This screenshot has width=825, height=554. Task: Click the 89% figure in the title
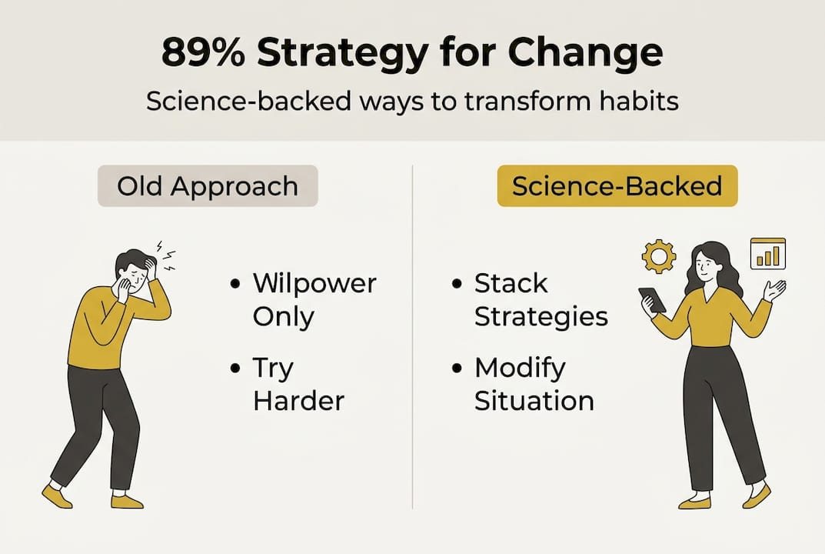tap(202, 52)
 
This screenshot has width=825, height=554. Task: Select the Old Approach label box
tap(208, 186)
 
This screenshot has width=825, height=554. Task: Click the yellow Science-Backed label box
tap(617, 186)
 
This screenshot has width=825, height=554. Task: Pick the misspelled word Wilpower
tap(314, 283)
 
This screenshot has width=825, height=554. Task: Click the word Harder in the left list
tap(298, 401)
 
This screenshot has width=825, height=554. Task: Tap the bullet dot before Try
tap(235, 368)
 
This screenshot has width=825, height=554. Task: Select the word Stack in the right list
tap(511, 283)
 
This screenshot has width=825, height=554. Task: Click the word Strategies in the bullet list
tap(541, 317)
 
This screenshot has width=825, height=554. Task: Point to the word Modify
tap(520, 368)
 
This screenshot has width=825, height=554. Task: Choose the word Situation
tap(534, 401)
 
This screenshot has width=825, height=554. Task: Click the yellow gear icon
tap(659, 256)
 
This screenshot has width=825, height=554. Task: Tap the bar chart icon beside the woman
tap(767, 254)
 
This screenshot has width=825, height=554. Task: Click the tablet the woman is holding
tap(653, 299)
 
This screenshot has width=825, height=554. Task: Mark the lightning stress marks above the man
tap(167, 255)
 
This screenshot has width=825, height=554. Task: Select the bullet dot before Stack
tap(457, 284)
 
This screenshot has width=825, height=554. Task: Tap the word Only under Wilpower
tap(284, 317)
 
